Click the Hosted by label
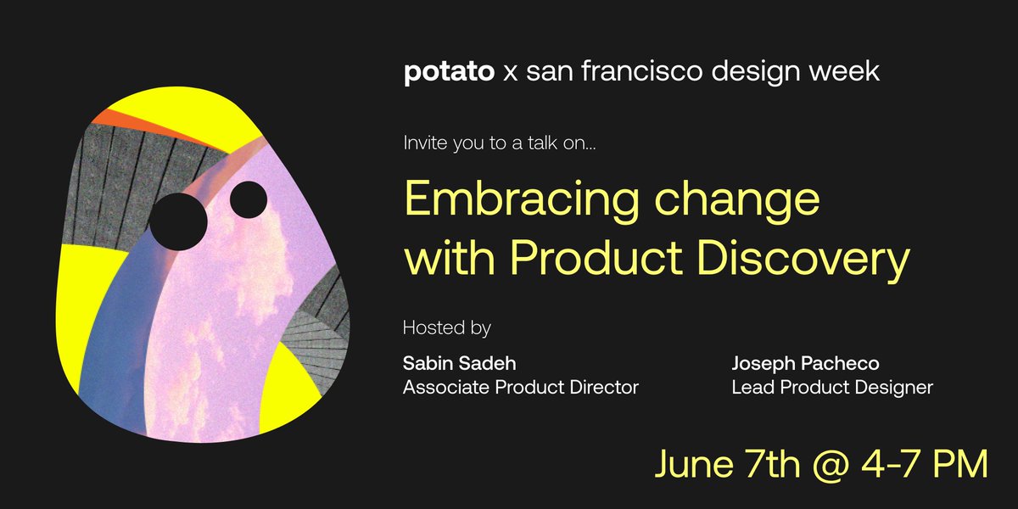pos(447,327)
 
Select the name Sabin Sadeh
pos(459,364)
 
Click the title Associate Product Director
pos(520,388)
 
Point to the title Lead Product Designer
pos(832,388)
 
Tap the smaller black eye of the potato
pos(249,199)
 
